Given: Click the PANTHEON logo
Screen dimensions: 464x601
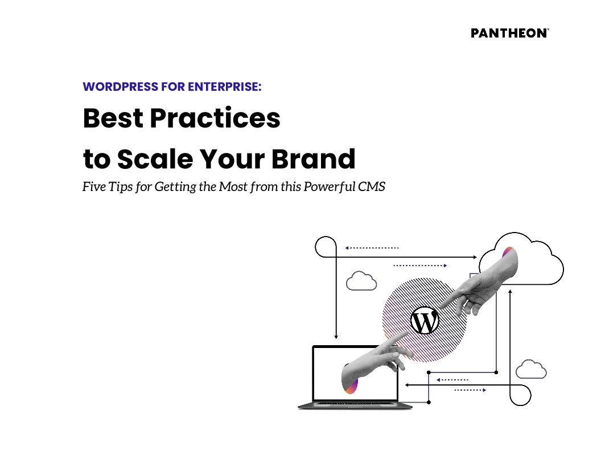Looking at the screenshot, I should coord(509,33).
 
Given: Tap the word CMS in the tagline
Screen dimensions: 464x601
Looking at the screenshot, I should coord(371,187).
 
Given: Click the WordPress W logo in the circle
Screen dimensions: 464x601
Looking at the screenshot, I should coord(425,322).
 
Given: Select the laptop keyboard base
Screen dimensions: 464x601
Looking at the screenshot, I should coord(355,405).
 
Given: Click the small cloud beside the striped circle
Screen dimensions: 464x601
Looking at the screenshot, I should coord(361,281).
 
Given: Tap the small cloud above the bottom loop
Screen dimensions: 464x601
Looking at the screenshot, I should coord(531,370).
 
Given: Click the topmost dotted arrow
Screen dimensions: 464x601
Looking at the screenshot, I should coord(372,248).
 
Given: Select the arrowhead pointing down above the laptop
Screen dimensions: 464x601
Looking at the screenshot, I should coord(336,336).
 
